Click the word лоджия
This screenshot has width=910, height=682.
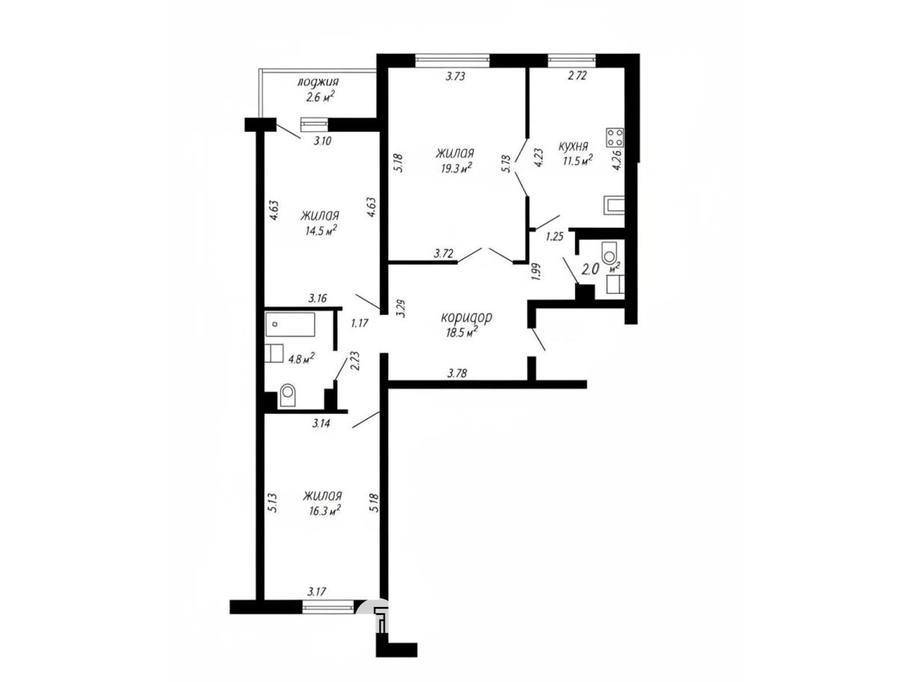(x=318, y=82)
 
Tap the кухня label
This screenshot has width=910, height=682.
(x=573, y=146)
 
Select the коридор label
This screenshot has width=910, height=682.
(x=466, y=318)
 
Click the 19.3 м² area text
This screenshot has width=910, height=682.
(x=457, y=168)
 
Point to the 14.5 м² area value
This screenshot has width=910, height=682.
(x=320, y=230)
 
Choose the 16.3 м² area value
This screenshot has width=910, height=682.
(x=324, y=510)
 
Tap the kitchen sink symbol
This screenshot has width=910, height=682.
(x=613, y=205)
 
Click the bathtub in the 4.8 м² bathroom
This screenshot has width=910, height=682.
(x=290, y=325)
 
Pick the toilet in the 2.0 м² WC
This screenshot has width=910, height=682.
(x=609, y=253)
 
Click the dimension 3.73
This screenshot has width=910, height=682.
(x=455, y=76)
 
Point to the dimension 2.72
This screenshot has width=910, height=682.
(x=577, y=76)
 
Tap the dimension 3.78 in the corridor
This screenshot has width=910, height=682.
(x=457, y=373)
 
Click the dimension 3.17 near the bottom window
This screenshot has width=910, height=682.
(x=317, y=592)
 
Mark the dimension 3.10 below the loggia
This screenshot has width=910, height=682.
(x=322, y=141)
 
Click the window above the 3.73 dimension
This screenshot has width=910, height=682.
(x=452, y=61)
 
